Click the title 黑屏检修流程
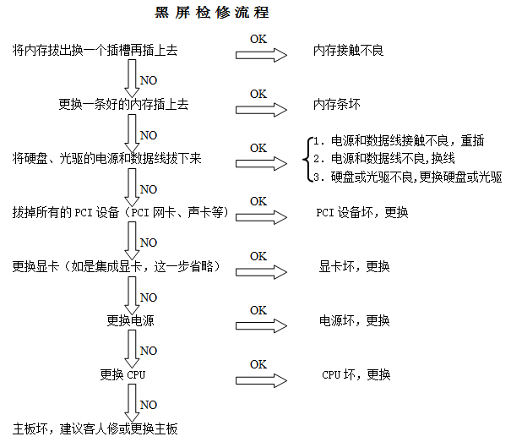point(213,14)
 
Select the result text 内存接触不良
point(348,51)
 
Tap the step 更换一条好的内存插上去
point(122,104)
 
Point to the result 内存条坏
point(336,105)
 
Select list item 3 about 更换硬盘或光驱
point(406,177)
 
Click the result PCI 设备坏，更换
point(362,211)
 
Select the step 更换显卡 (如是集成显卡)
point(117,266)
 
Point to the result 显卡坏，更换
point(354,266)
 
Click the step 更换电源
point(131,320)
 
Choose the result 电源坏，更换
point(354,320)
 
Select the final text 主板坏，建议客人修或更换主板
point(95,428)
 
